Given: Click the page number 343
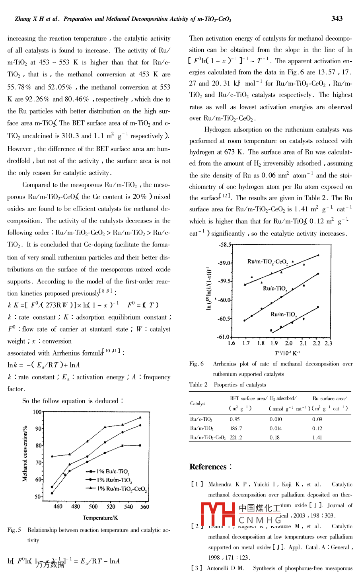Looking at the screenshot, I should [x=337, y=18].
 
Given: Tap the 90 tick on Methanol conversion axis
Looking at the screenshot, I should [x=38, y=429].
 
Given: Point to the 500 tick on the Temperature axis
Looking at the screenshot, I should [x=93, y=507].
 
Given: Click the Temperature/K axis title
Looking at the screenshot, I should [x=100, y=518].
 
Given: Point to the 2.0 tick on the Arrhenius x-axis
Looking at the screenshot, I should [x=289, y=343].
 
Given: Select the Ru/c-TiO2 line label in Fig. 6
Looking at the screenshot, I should [x=275, y=289].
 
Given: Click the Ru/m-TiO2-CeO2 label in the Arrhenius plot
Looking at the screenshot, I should [x=268, y=262].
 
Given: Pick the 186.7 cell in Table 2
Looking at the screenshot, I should [x=236, y=429].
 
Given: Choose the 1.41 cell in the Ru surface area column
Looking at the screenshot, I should [x=317, y=437].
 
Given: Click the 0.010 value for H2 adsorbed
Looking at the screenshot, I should [x=276, y=420].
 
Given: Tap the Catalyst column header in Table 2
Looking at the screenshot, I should [x=198, y=403].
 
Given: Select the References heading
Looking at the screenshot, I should [x=208, y=467].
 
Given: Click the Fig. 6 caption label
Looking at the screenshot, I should [x=197, y=364].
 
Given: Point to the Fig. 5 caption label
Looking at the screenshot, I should [x=14, y=530].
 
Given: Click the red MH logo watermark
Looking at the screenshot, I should [x=218, y=514].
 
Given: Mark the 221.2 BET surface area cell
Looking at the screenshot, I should [x=236, y=437].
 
